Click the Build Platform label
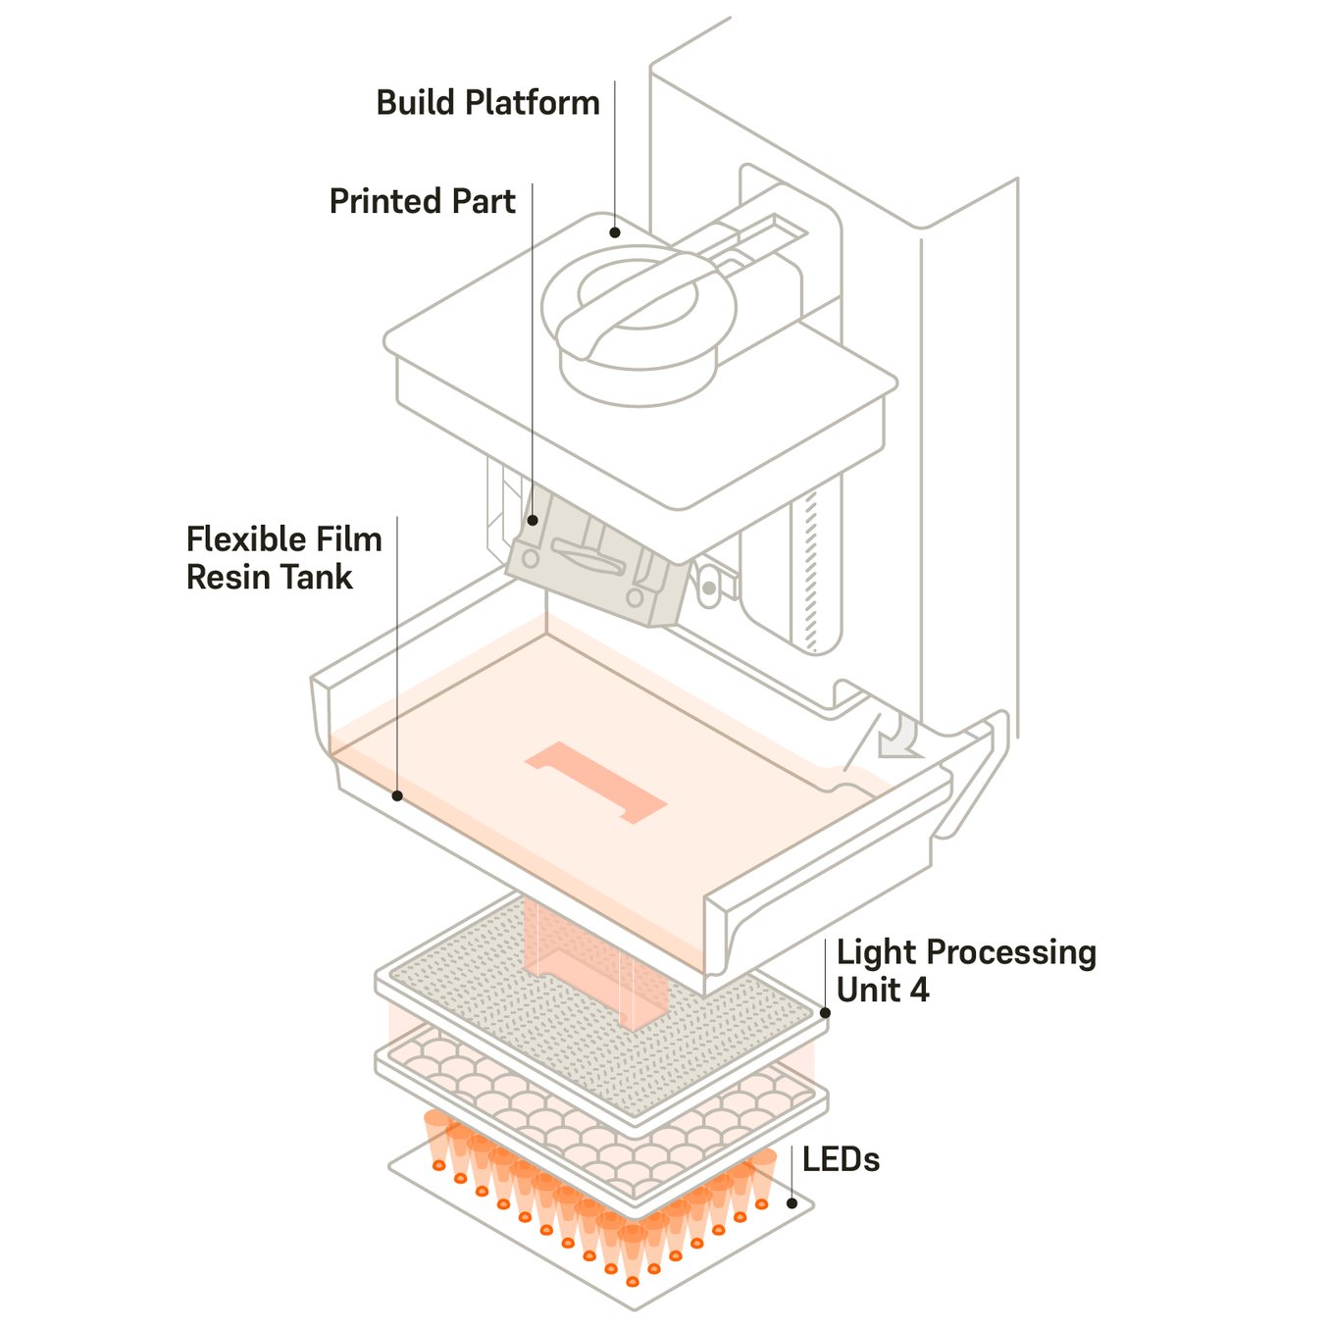(x=487, y=103)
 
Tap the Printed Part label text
(x=422, y=201)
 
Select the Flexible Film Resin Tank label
(x=283, y=557)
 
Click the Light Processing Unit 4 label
(x=965, y=970)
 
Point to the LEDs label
(x=841, y=1159)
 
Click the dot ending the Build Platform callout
(x=615, y=232)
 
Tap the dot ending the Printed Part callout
(x=533, y=520)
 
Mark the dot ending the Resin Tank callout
(x=397, y=795)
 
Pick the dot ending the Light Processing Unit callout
(x=825, y=1013)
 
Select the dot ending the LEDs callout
(x=792, y=1202)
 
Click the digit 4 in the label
(x=919, y=990)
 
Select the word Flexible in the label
(x=242, y=538)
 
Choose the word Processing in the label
(x=1011, y=952)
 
